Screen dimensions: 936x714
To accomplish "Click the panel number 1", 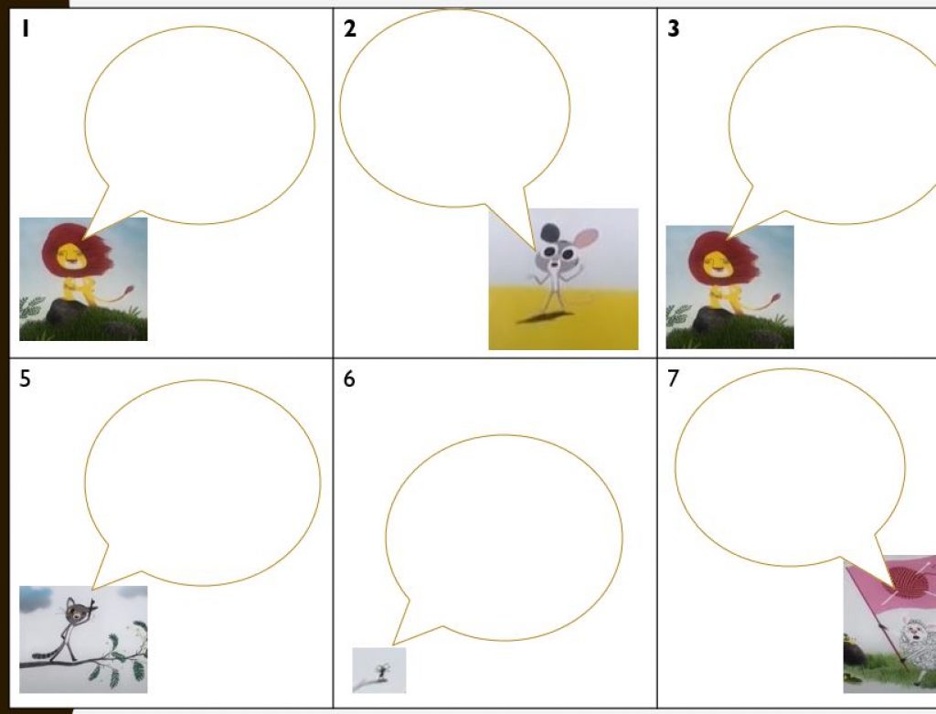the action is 25,28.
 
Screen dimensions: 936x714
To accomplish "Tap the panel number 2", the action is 350,28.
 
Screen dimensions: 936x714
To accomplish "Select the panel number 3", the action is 673,28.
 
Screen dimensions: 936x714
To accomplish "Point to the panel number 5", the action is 25,378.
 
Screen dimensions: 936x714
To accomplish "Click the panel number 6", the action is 349,378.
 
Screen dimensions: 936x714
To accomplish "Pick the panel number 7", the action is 673,378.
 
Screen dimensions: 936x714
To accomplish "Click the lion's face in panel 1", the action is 69,257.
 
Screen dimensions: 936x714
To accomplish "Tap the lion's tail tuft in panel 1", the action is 127,291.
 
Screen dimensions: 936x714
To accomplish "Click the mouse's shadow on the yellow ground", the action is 541,317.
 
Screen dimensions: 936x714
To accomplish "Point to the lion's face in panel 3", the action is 715,264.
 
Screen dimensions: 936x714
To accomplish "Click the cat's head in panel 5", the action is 75,612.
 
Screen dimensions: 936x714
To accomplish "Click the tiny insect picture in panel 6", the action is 379,670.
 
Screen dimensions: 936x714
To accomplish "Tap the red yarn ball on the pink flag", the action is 909,582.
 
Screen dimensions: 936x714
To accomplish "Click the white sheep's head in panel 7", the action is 914,633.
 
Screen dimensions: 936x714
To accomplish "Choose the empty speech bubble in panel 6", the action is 503,538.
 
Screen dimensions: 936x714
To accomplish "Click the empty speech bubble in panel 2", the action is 455,109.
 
